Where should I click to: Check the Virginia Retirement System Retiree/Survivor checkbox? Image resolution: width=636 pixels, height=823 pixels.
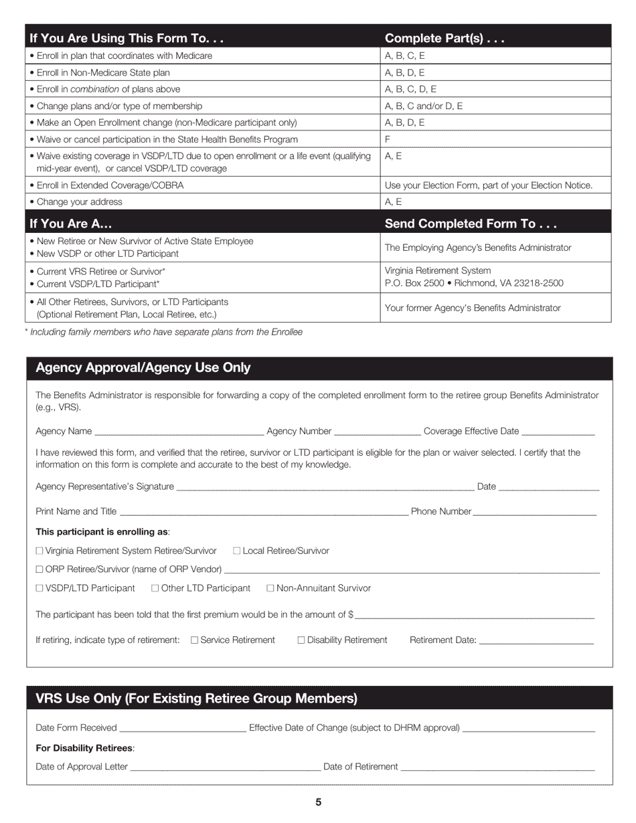point(39,551)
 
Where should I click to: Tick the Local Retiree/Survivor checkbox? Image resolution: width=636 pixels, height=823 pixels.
point(237,551)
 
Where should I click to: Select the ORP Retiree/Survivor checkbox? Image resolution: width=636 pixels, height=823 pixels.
point(39,569)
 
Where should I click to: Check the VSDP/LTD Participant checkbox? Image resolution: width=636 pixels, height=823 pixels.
point(39,588)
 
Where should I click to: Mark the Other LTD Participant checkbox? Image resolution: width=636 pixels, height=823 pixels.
point(155,588)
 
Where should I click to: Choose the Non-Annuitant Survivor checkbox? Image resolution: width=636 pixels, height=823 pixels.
point(270,588)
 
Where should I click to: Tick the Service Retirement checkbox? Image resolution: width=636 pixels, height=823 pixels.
point(195,640)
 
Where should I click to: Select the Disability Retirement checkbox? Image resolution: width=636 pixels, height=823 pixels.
point(301,640)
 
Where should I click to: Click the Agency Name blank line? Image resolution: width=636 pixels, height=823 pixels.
point(179,432)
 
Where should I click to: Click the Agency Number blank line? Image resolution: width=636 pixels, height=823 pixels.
point(377,432)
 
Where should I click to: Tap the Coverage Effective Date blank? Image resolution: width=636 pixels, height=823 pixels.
point(558,432)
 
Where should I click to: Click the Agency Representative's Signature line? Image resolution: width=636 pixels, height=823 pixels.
point(325,488)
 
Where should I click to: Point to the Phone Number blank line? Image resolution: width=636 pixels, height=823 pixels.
point(534,513)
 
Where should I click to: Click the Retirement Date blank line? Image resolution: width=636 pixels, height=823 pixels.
point(536,641)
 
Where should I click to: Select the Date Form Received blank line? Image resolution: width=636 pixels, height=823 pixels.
point(182,729)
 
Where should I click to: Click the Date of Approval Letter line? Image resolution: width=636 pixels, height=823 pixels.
point(225,768)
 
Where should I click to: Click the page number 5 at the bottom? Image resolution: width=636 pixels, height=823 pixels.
point(318,802)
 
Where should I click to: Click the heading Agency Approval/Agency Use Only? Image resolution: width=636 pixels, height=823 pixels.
point(143,368)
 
